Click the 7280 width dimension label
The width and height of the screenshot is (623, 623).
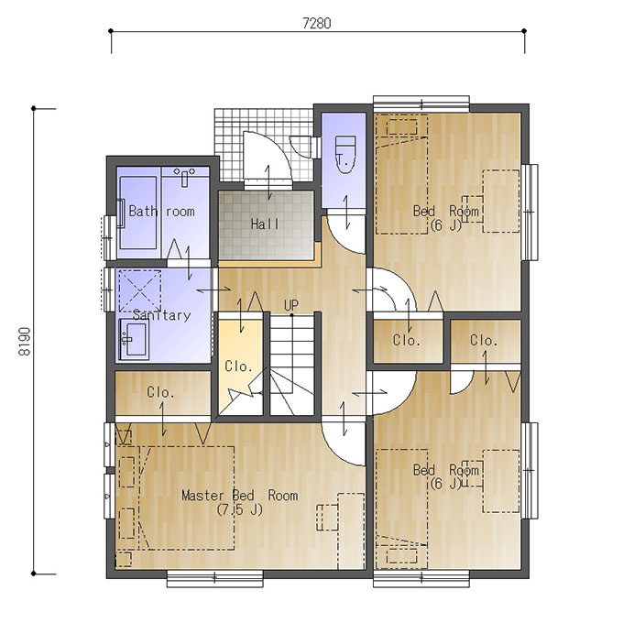tap(317, 24)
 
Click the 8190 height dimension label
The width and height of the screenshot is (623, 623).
tap(25, 342)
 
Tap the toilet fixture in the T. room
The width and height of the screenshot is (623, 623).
tap(345, 155)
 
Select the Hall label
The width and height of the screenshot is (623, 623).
tap(265, 224)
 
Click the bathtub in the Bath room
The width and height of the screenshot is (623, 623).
tap(137, 213)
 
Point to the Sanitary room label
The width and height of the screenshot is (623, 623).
tap(162, 315)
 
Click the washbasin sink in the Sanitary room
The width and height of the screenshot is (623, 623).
tap(134, 339)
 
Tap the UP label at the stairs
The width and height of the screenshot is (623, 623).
tap(291, 305)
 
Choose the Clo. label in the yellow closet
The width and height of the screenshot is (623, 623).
tap(238, 366)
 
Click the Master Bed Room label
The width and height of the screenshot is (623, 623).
tap(240, 496)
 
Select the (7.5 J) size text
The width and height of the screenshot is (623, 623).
tap(240, 509)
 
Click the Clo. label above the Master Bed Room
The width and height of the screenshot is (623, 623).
tap(160, 392)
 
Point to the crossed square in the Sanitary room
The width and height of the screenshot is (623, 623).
tap(140, 291)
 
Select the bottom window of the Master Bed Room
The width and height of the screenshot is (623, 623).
tap(215, 578)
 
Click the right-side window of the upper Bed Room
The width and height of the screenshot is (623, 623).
tap(530, 213)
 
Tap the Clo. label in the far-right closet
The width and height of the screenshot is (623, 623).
tap(484, 340)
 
